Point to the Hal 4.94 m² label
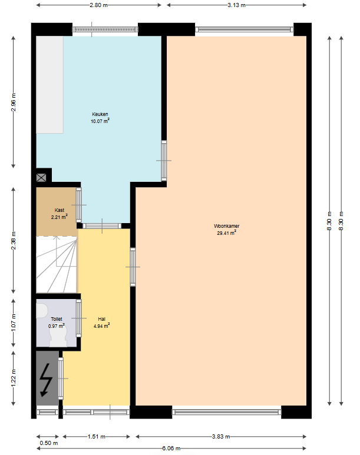(x=101, y=323)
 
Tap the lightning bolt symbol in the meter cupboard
(x=46, y=380)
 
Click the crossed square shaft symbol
(x=41, y=178)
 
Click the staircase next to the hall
(x=57, y=264)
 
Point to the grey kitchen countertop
(x=49, y=85)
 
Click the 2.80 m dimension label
(x=99, y=5)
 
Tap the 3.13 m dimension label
(x=236, y=5)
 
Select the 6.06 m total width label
(x=171, y=449)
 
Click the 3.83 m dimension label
(x=221, y=436)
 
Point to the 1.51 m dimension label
(x=97, y=436)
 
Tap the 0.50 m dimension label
(x=49, y=443)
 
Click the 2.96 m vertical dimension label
(x=14, y=102)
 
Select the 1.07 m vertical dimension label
(x=14, y=323)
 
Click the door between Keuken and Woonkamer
(x=164, y=161)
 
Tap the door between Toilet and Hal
(x=79, y=318)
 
